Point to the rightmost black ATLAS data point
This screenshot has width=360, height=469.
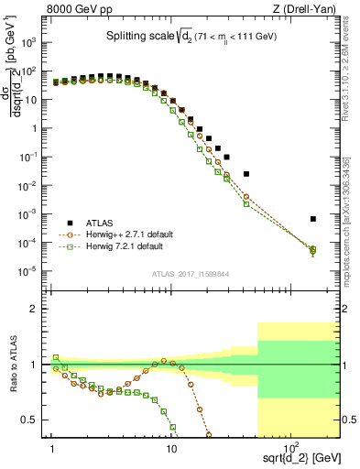point(313,219)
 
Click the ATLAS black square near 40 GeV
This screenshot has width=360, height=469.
point(245,173)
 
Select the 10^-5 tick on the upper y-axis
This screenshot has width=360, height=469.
point(35,271)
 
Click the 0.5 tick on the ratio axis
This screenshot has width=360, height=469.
point(37,420)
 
